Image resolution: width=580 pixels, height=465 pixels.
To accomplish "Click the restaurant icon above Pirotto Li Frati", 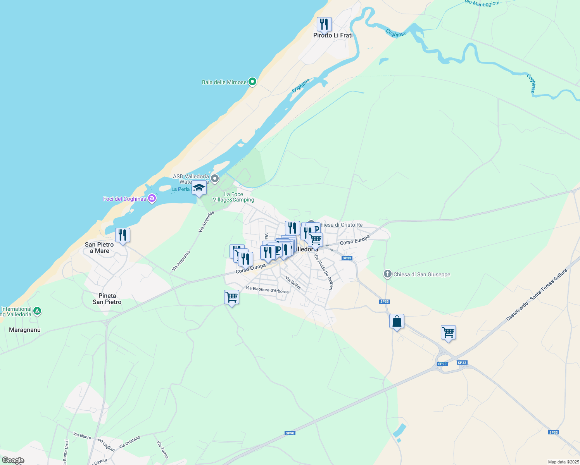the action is click(x=324, y=24).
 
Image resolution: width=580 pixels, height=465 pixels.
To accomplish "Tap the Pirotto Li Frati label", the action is click(x=333, y=35).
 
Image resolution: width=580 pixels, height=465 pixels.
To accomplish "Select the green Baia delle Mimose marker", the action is click(x=252, y=82).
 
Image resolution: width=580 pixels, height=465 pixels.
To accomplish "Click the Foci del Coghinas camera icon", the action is click(x=152, y=199).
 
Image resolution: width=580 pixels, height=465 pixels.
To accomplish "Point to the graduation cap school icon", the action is click(x=199, y=188).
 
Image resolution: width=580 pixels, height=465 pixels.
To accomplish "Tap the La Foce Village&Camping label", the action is click(x=233, y=197).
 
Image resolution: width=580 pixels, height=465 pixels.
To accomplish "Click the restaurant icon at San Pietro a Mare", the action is click(x=123, y=235).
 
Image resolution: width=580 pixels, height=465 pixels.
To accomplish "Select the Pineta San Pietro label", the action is click(x=107, y=299).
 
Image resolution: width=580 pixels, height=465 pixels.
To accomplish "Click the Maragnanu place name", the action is click(x=25, y=330).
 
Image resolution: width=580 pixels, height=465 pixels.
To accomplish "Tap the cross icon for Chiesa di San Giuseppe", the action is click(x=387, y=274).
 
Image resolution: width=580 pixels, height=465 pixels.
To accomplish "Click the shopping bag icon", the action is click(x=397, y=321).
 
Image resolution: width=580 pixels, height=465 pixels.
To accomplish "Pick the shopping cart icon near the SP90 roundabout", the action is click(x=448, y=332).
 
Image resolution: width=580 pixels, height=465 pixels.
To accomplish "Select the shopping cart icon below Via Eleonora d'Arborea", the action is click(x=231, y=297).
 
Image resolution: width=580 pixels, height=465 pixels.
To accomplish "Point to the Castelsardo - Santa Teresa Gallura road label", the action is click(x=537, y=295).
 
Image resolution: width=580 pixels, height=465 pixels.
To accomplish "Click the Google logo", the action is click(x=13, y=460).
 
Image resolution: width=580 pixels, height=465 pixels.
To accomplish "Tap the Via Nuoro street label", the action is click(x=82, y=436).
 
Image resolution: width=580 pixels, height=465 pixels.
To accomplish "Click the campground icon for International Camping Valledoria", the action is click(x=37, y=311).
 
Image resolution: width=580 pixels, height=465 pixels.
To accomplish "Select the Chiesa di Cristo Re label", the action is click(x=341, y=225).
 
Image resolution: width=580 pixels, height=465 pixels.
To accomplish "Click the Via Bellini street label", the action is click(x=293, y=282).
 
